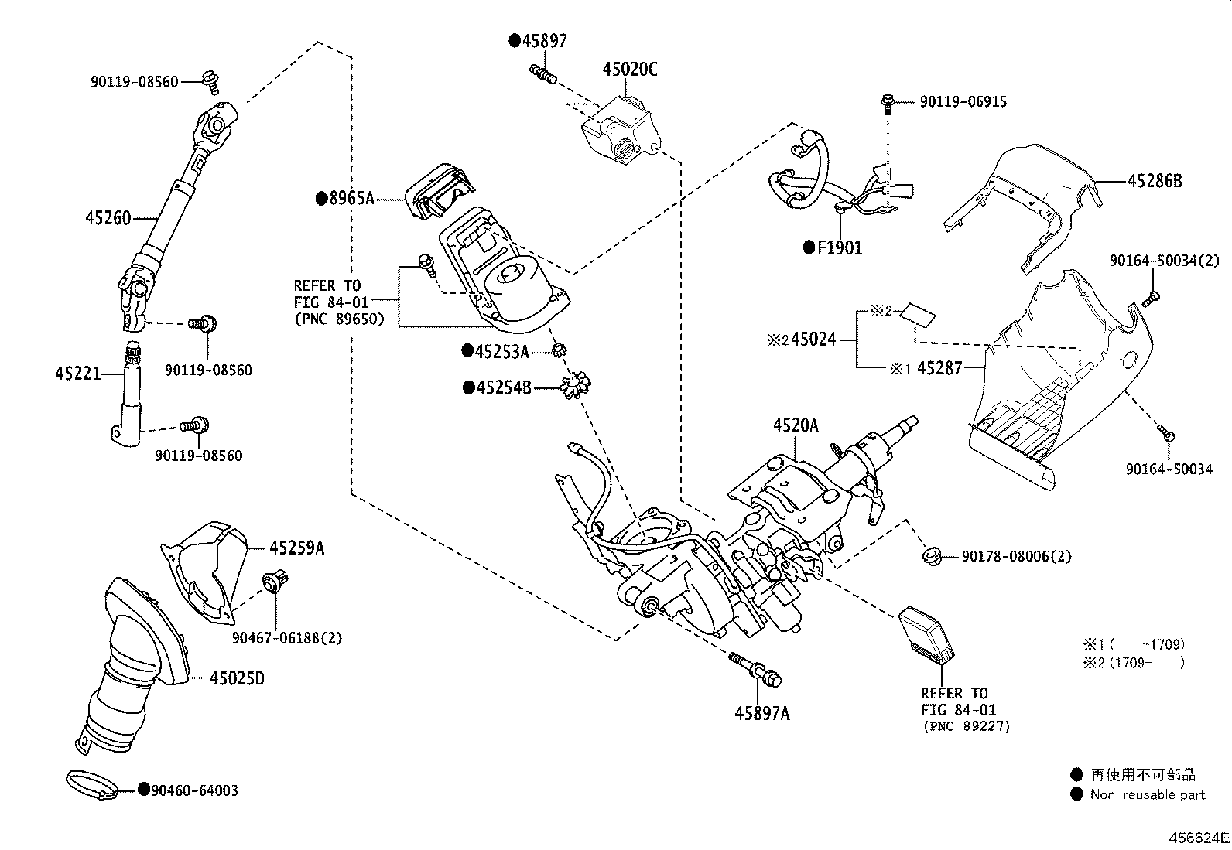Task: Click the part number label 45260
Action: (x=108, y=218)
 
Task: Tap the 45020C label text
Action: (x=630, y=70)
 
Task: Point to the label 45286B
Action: (x=1155, y=181)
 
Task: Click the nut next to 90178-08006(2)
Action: (x=932, y=555)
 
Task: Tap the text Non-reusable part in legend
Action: (x=1148, y=794)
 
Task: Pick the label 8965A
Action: (x=351, y=199)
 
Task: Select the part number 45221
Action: (x=78, y=374)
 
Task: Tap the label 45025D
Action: (x=237, y=678)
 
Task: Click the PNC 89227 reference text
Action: (x=967, y=726)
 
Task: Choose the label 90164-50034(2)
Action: (x=1163, y=261)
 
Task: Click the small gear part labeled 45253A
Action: (x=556, y=352)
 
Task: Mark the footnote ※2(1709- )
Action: (x=1133, y=662)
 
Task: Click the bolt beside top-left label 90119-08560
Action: (x=209, y=77)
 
